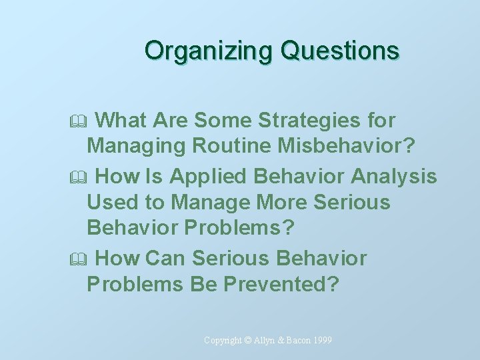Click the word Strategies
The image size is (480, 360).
(x=310, y=121)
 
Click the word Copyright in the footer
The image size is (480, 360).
(x=223, y=341)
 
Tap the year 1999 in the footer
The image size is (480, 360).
(x=321, y=341)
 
